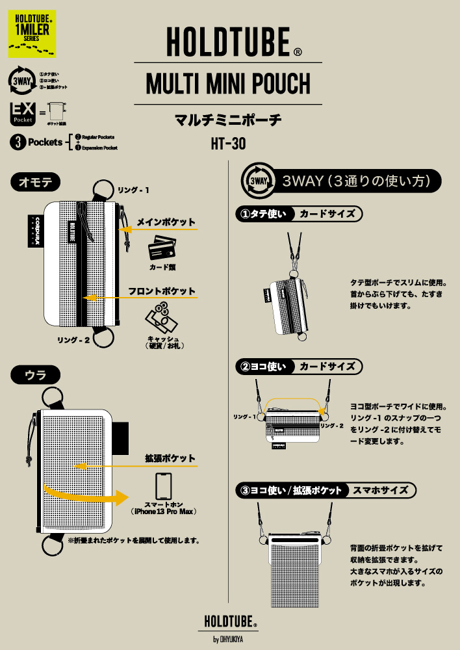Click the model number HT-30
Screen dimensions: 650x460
click(228, 144)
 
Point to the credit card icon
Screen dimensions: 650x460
click(161, 250)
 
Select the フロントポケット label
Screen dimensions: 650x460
click(162, 291)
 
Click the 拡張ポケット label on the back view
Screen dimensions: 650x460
click(170, 458)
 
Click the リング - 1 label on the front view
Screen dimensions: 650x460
click(133, 190)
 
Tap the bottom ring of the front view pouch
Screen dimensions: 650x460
click(101, 338)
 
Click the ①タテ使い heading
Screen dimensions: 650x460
click(263, 214)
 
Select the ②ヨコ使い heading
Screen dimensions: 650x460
click(263, 367)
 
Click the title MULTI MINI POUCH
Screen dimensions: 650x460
click(228, 84)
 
